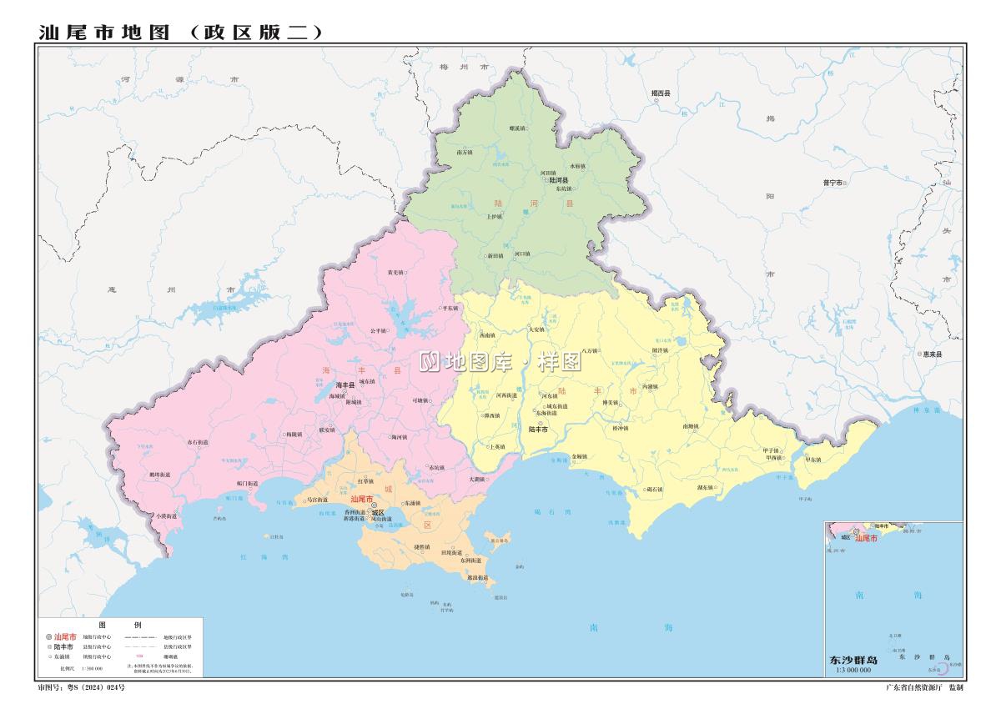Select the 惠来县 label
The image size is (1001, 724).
tap(930, 354)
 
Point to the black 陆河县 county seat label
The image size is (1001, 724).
tap(557, 180)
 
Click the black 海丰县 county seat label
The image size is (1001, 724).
tap(345, 385)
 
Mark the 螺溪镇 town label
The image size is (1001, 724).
tap(516, 128)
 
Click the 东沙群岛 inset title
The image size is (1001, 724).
tap(853, 660)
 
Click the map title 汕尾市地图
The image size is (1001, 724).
tap(104, 32)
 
